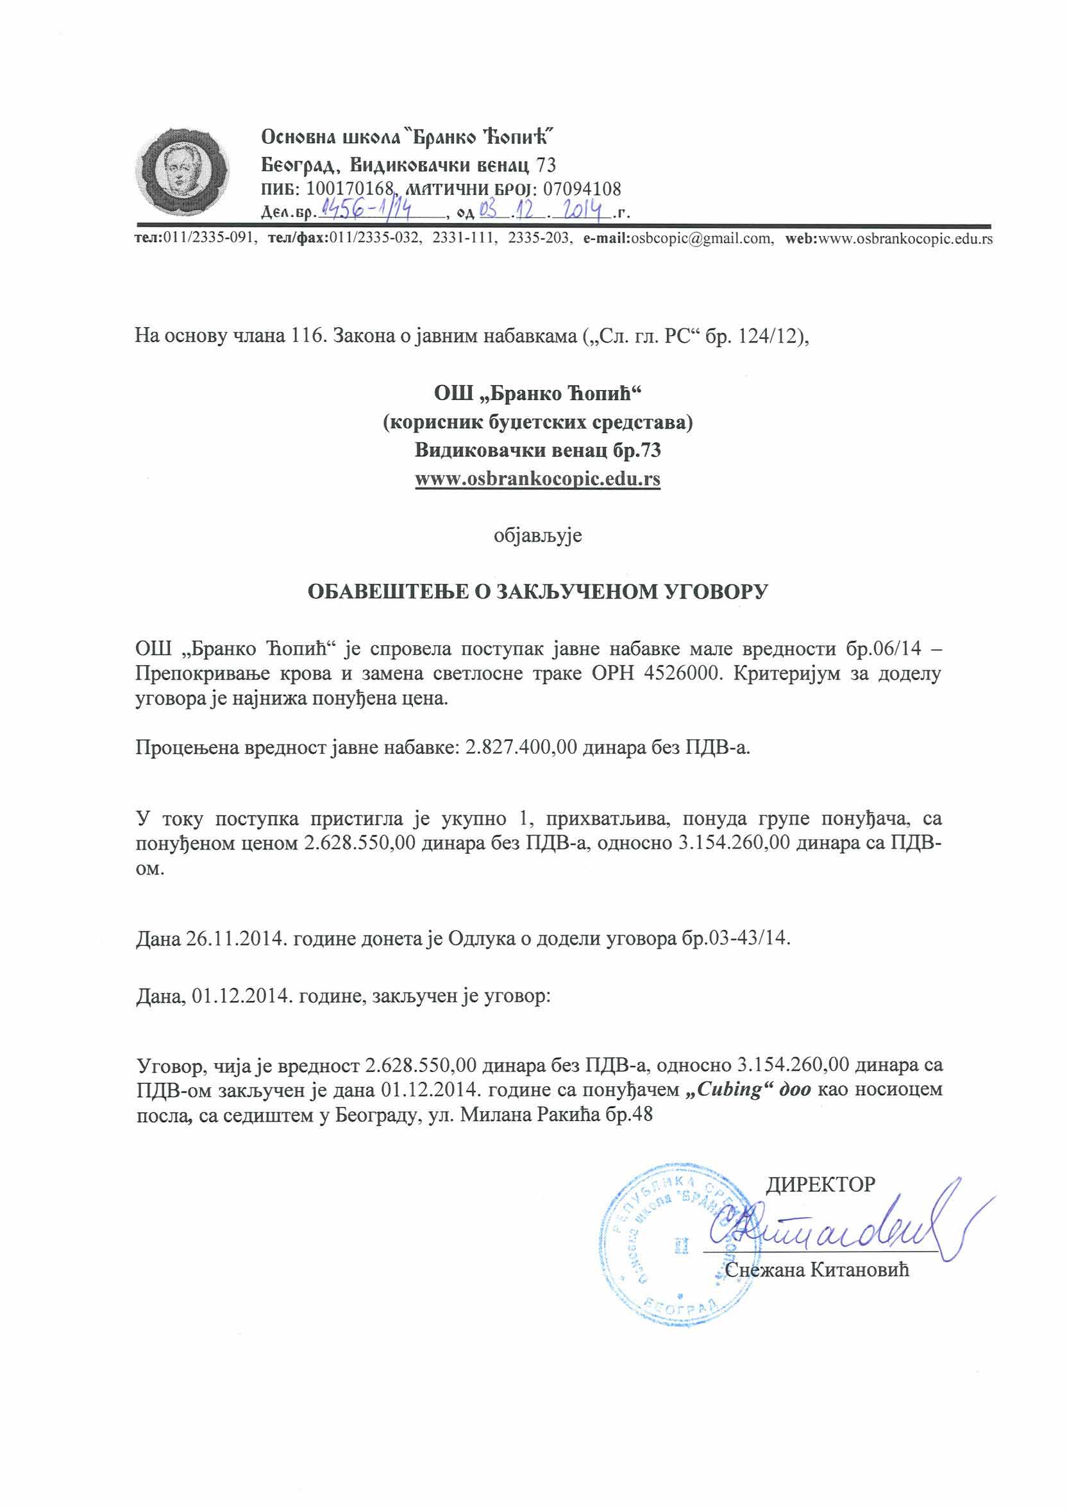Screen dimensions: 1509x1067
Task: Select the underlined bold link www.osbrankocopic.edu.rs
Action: (x=537, y=479)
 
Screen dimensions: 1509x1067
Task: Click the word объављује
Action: (x=537, y=536)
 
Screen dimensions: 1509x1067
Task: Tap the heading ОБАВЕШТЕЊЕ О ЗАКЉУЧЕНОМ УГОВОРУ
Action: (x=537, y=592)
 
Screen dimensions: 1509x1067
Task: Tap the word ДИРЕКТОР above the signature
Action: (x=821, y=1184)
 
